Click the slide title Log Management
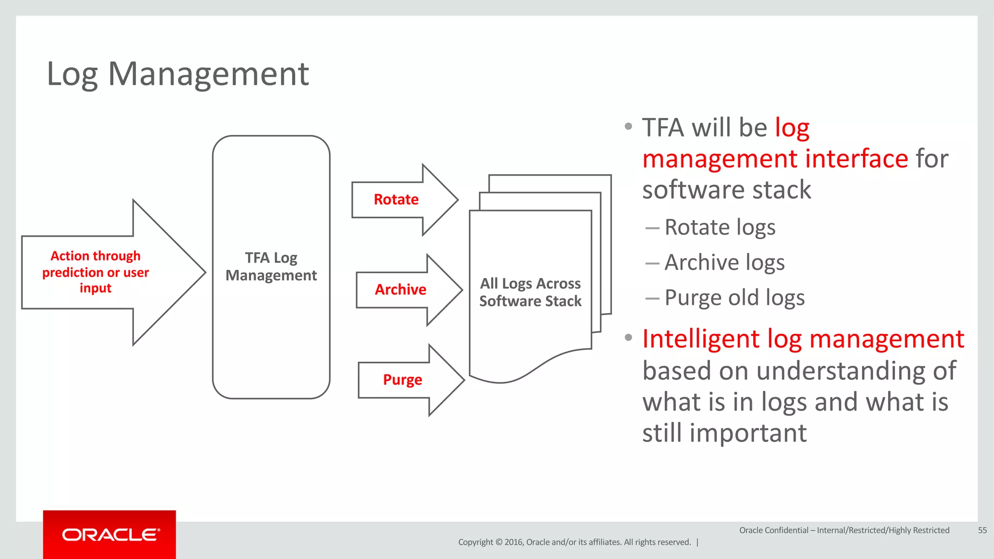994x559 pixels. (x=178, y=74)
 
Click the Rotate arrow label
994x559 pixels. (x=396, y=199)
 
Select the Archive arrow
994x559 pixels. (x=401, y=290)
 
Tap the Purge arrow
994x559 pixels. (x=403, y=379)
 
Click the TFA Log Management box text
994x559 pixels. (x=271, y=266)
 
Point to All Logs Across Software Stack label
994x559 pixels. (x=530, y=292)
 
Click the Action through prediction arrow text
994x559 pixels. (x=96, y=272)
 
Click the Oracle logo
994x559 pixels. (x=110, y=535)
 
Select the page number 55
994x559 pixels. (x=982, y=530)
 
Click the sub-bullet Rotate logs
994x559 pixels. (x=719, y=227)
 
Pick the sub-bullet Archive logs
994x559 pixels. (x=724, y=263)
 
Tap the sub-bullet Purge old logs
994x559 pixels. (x=734, y=297)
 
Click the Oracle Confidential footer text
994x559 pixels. (x=844, y=530)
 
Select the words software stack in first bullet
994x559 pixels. (x=726, y=190)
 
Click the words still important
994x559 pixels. (x=724, y=433)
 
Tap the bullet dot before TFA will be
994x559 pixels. (x=629, y=127)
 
